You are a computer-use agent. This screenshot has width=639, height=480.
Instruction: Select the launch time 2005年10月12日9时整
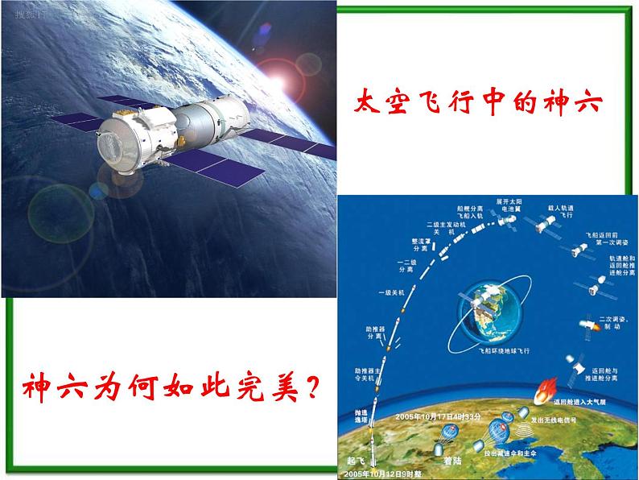[393, 475]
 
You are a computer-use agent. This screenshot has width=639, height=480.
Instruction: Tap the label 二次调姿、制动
[614, 322]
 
